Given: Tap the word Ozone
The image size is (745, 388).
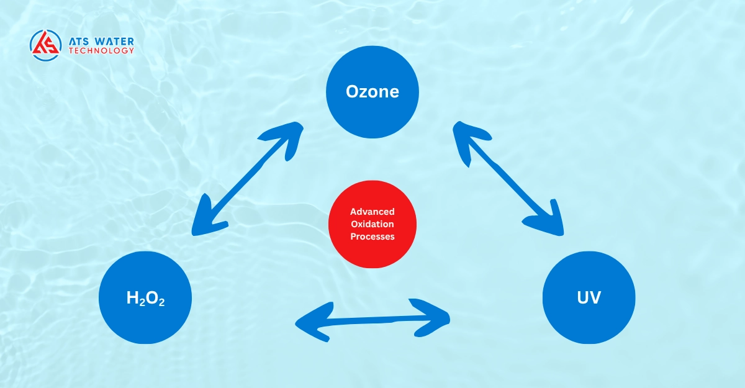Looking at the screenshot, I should coord(372,92).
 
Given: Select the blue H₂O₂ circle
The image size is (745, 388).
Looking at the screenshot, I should coord(145,298).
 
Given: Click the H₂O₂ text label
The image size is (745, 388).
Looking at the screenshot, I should coord(145,299).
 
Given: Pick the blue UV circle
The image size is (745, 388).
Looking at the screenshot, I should coord(589,298).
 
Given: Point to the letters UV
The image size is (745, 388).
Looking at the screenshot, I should coord(589,298).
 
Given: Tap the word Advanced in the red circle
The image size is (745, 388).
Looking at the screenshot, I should coord(372,212).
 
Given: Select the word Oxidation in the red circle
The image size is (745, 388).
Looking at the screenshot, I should coord(372,224).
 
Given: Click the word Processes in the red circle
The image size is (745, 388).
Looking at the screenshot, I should coord(372,237).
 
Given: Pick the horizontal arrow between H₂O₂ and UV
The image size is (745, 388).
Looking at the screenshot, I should coord(372,320).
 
